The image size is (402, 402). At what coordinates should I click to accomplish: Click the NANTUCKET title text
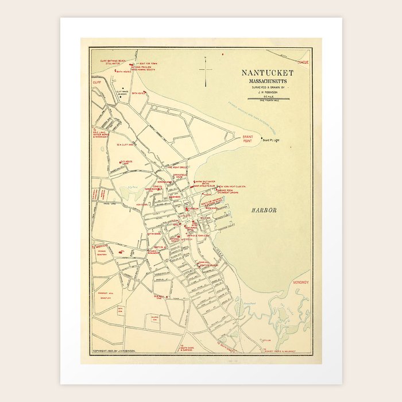[267, 73]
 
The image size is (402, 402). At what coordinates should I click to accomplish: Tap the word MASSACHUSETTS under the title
[267, 80]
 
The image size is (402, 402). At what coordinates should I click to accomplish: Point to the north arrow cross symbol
[206, 71]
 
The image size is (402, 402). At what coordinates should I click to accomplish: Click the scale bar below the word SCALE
[267, 98]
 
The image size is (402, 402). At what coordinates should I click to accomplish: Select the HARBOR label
[264, 211]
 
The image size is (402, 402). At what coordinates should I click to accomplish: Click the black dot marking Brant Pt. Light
[262, 138]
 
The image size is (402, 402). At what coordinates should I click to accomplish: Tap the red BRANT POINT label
[248, 138]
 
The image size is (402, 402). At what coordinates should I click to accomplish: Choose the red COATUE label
[303, 61]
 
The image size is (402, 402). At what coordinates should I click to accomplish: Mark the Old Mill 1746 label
[159, 297]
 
